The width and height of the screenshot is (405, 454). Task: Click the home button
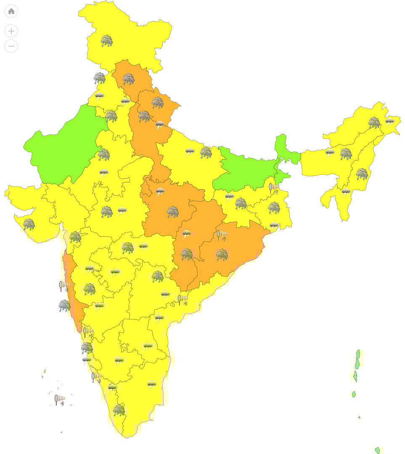11,11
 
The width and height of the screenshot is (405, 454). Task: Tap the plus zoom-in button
11,31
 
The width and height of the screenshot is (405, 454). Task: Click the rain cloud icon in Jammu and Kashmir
107,41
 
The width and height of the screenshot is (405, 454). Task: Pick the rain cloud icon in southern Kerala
119,410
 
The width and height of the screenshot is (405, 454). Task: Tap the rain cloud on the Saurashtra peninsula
29,224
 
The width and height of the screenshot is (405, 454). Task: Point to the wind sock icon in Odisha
222,235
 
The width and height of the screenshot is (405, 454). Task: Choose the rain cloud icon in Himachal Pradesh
129,79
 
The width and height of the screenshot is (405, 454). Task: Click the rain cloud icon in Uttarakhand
158,102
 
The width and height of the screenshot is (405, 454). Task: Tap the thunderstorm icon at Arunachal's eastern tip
389,122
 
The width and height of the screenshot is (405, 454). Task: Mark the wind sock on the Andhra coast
183,299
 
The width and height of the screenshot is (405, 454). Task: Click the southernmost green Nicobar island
378,450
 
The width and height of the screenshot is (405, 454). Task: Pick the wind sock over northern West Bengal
274,187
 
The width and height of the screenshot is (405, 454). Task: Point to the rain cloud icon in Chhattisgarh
187,254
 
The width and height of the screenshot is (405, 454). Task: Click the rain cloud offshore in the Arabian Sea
64,305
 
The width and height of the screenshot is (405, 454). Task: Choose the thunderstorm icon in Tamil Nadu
151,384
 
